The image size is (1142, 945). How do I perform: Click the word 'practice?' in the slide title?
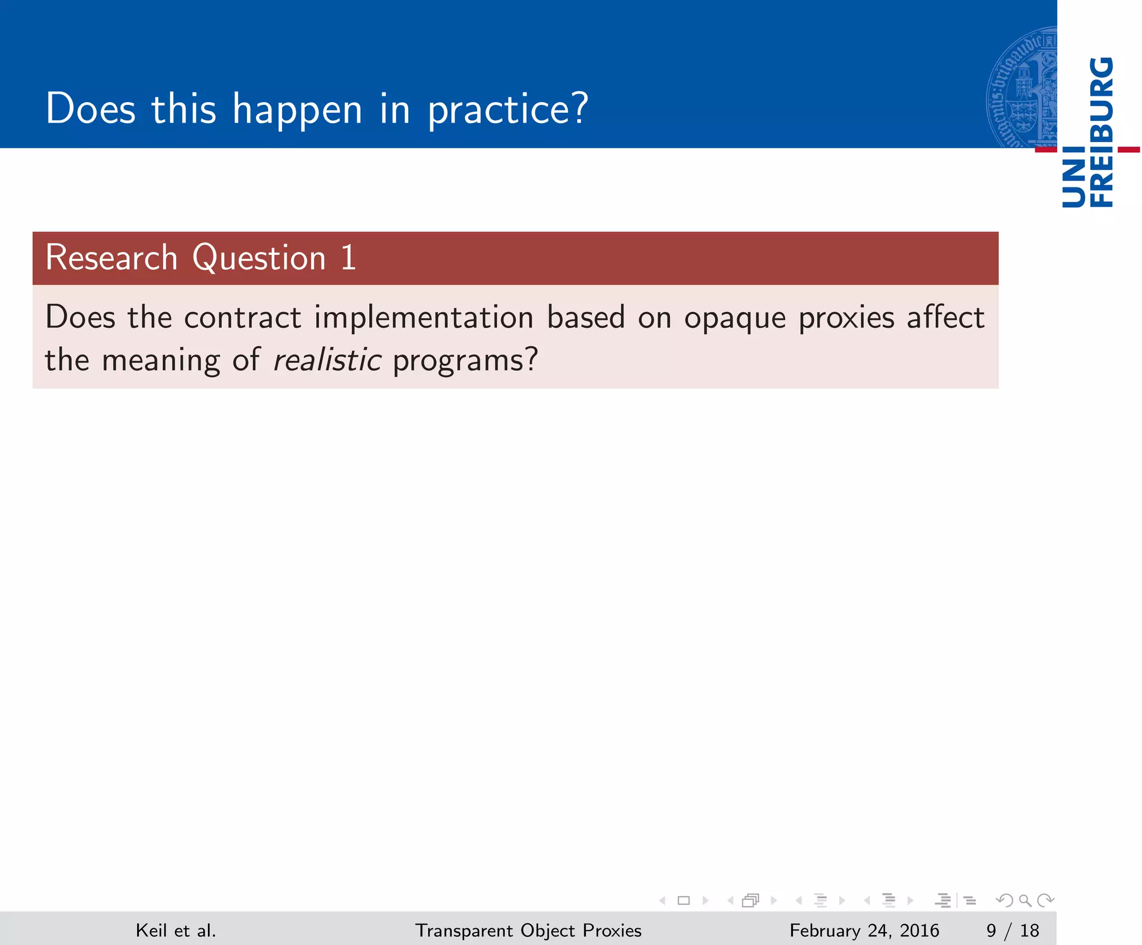pos(507,110)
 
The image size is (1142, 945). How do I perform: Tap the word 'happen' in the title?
pos(297,110)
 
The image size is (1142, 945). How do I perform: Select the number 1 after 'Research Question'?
pos(349,258)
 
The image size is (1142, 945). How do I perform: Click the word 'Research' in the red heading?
pos(111,258)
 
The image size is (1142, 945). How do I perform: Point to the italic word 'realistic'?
pos(327,360)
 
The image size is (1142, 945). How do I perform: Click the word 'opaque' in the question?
pos(734,318)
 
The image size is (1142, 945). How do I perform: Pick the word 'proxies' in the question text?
pos(846,318)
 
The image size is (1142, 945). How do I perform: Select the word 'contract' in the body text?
pos(243,318)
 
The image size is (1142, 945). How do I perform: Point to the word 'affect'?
pos(946,317)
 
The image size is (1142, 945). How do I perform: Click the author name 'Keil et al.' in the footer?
pos(176,931)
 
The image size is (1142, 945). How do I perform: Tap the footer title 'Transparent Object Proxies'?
pos(528,931)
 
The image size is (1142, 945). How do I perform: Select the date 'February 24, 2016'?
pos(864,931)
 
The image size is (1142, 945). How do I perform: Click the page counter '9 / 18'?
pos(1013,931)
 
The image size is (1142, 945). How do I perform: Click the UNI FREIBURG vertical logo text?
pos(1087,132)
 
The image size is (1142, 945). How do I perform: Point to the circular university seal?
pos(1022,88)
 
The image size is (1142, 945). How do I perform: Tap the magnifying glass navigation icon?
pos(1025,900)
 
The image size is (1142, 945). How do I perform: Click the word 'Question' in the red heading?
pos(259,259)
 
